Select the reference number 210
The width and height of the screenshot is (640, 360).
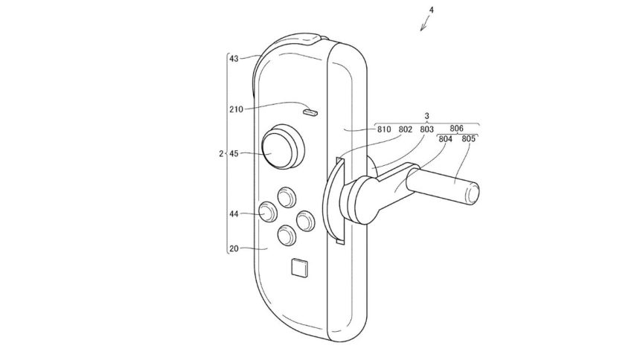tap(237, 109)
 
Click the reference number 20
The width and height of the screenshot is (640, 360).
tap(234, 250)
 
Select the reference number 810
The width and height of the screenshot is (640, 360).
tap(384, 129)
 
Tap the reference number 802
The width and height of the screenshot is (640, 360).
tap(406, 129)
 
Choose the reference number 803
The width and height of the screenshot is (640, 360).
tap(427, 129)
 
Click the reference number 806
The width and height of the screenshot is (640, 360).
tap(457, 128)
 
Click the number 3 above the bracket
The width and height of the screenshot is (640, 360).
tap(426, 117)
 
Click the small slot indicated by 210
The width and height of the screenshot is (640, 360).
tap(310, 112)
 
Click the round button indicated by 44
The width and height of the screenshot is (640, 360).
tap(267, 213)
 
